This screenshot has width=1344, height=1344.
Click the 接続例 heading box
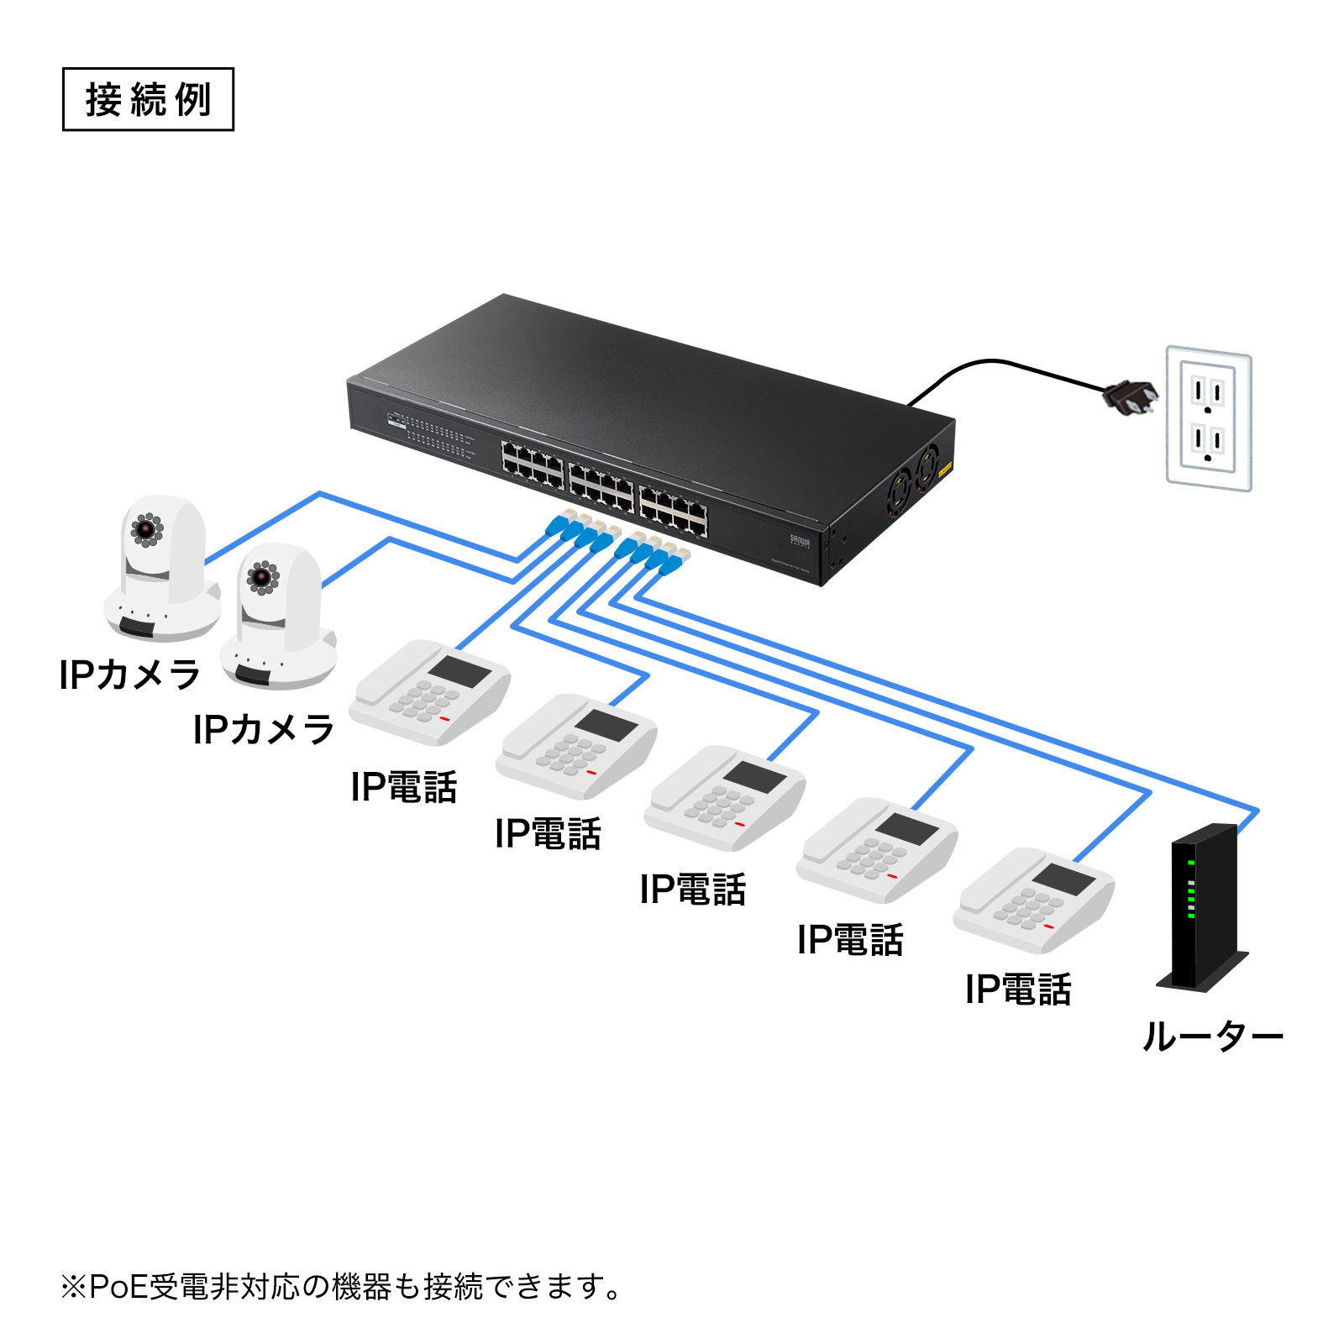pyautogui.click(x=148, y=99)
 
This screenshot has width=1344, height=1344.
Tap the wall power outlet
pyautogui.click(x=1208, y=418)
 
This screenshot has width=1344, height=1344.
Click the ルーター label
pyautogui.click(x=1212, y=1037)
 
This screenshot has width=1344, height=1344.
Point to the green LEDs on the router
pyautogui.click(x=1191, y=890)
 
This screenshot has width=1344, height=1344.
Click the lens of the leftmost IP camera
pyautogui.click(x=147, y=528)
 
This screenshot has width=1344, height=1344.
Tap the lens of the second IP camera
pyautogui.click(x=262, y=577)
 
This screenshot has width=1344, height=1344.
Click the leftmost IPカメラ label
pyautogui.click(x=130, y=675)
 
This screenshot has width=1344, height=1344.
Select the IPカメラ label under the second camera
pyautogui.click(x=264, y=729)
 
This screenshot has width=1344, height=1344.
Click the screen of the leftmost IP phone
pyautogui.click(x=460, y=672)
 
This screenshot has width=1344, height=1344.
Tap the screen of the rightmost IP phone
pyautogui.click(x=1064, y=879)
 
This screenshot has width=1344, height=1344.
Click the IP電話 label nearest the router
pyautogui.click(x=1018, y=990)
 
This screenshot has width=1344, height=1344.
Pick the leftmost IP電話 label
pyautogui.click(x=404, y=787)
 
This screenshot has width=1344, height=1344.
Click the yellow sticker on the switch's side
pyautogui.click(x=945, y=469)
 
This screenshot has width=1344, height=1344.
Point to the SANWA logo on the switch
pyautogui.click(x=799, y=540)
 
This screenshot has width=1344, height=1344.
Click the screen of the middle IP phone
pyautogui.click(x=754, y=777)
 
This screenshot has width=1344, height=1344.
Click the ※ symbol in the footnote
pyautogui.click(x=73, y=1287)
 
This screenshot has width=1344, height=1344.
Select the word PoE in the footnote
pyautogui.click(x=118, y=1287)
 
